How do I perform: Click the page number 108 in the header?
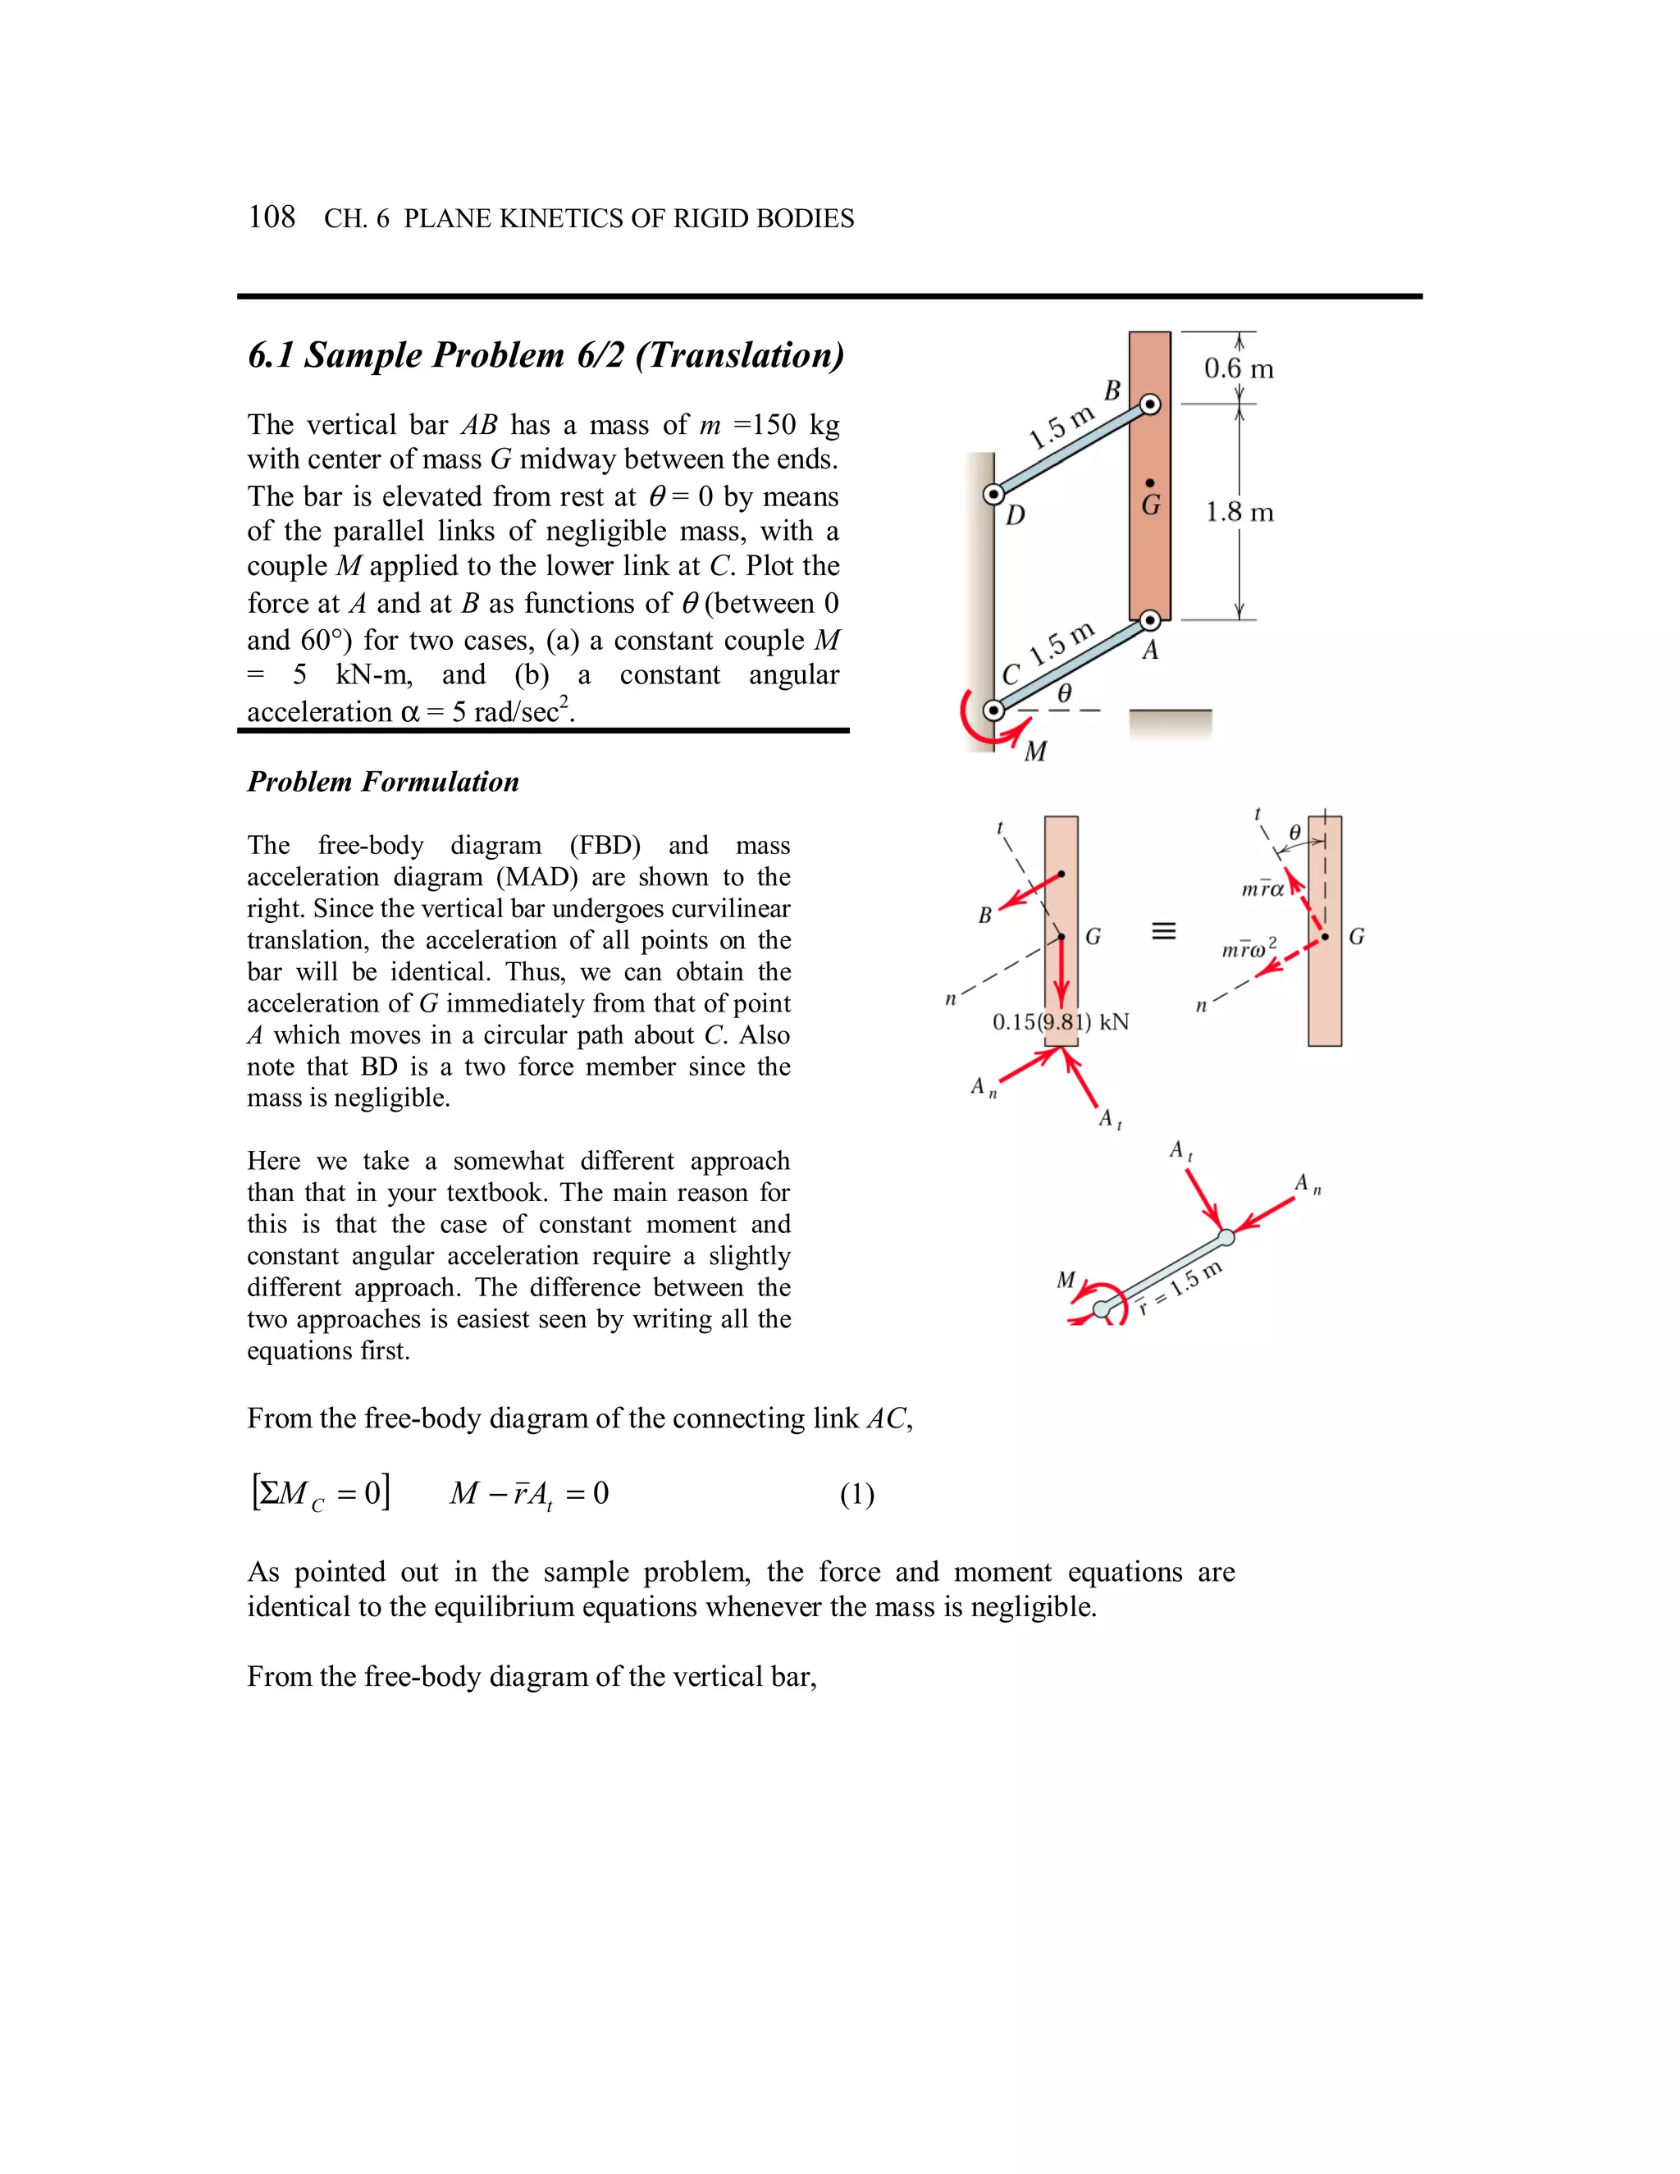[271, 217]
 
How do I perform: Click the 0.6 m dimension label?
[1238, 369]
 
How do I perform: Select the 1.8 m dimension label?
[1239, 513]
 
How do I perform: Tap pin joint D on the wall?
[993, 494]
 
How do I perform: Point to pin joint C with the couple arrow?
[993, 710]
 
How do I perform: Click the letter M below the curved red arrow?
[1035, 751]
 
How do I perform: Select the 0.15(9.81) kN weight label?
[1060, 1022]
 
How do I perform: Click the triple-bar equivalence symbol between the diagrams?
[1163, 932]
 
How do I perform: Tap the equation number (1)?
[857, 1494]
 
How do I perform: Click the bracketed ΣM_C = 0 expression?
[321, 1493]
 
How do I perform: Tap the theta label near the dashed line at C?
[1064, 694]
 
